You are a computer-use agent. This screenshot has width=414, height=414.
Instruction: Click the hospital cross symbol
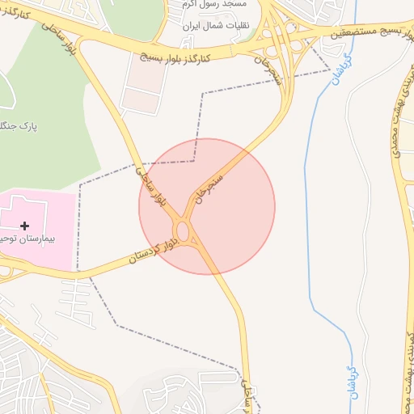(x=25, y=226)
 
